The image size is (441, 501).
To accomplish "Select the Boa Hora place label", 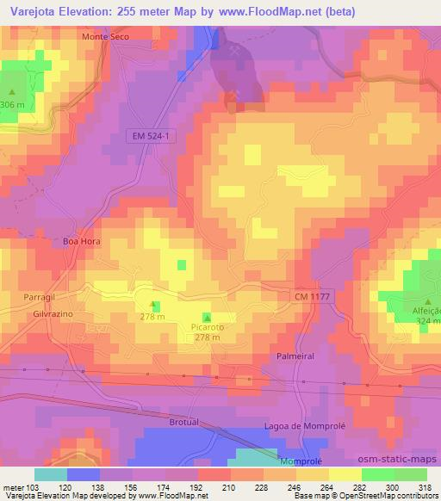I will (x=82, y=242).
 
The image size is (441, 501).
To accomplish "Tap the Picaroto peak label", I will (x=205, y=327).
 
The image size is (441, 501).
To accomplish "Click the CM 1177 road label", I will (x=310, y=295).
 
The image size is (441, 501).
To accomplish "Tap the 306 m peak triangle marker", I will (x=12, y=92).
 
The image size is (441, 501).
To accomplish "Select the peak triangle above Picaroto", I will (x=206, y=316).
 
